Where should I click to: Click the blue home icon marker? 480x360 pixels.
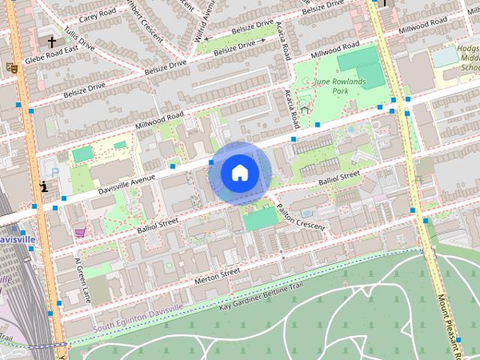239,172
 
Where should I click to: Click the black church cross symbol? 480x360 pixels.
52,43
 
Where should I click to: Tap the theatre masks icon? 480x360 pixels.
11,67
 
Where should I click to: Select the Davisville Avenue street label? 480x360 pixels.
121,187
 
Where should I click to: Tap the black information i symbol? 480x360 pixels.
45,186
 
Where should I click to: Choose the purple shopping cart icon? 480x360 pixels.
79,233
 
